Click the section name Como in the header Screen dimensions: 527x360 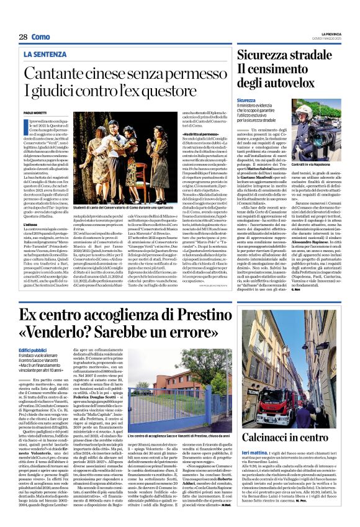coord(41,37)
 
